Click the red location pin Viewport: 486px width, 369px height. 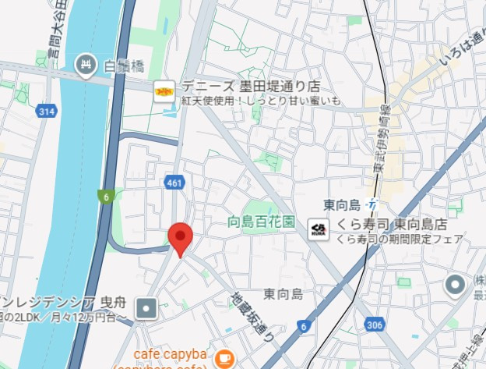181,236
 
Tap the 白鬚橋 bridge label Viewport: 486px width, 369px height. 124,66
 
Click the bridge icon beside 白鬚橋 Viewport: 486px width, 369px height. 84,62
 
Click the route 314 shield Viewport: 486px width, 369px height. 45,112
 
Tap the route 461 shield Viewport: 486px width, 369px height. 174,183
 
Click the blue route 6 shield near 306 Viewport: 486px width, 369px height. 303,327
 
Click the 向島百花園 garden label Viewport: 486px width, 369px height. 262,222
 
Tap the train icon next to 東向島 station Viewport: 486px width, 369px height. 375,205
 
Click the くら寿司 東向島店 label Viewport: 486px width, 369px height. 396,224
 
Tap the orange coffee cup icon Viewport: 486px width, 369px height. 224,358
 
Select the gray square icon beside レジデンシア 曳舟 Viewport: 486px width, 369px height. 146,310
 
